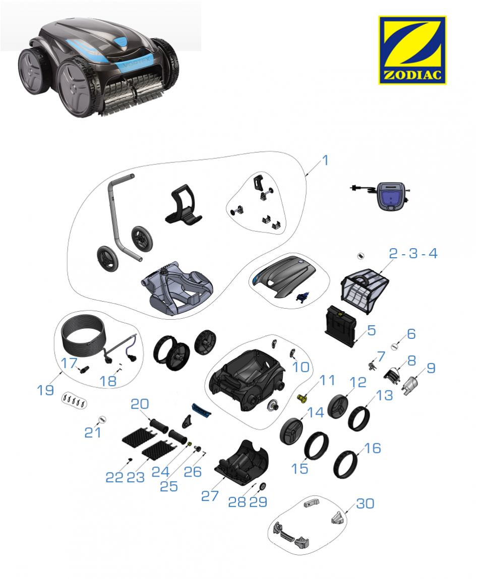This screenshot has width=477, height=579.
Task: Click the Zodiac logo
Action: click(412, 50)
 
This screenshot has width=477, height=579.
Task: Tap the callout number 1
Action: click(325, 160)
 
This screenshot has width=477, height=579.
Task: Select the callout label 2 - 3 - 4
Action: click(413, 253)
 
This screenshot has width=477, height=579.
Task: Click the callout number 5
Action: click(372, 330)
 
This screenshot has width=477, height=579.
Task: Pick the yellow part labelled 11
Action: click(303, 398)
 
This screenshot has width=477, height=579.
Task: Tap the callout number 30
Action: click(365, 503)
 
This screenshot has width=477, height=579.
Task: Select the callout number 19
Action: click(45, 390)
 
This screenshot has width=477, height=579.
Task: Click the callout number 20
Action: click(140, 404)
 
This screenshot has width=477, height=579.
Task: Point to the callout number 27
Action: click(210, 496)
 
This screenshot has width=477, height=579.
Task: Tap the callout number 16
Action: click(372, 448)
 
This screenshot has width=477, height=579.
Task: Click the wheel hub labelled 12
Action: click(338, 407)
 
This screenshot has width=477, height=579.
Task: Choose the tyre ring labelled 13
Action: click(359, 419)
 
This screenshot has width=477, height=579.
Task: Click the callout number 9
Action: click(431, 368)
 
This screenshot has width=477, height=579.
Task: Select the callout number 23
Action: click(136, 478)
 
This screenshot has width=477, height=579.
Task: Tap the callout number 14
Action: click(316, 412)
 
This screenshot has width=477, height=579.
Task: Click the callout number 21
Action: click(93, 432)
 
